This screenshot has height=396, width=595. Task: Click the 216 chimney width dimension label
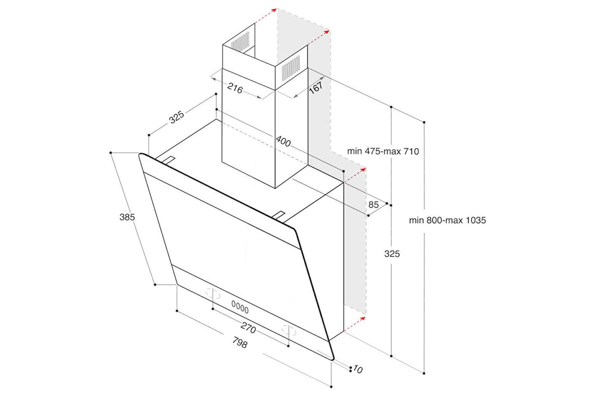coord(235,88)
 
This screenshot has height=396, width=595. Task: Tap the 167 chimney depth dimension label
coord(315,87)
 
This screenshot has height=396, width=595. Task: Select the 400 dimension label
coord(283,141)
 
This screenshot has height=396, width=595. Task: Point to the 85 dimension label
coord(373,204)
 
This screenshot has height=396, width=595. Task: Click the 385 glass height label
coord(127,217)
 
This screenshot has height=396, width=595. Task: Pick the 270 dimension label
coord(248,328)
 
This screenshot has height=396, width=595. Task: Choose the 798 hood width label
coord(240,342)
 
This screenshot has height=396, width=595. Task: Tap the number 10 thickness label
coord(357,369)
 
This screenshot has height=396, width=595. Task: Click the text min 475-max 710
coord(383,151)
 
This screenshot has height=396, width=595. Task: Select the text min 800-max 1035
coord(447,220)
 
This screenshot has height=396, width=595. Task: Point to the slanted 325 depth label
coord(177,117)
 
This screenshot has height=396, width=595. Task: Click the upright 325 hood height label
coord(392,254)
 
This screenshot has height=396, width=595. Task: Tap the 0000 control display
coord(240,307)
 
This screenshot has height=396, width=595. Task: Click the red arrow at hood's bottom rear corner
coord(355,324)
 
